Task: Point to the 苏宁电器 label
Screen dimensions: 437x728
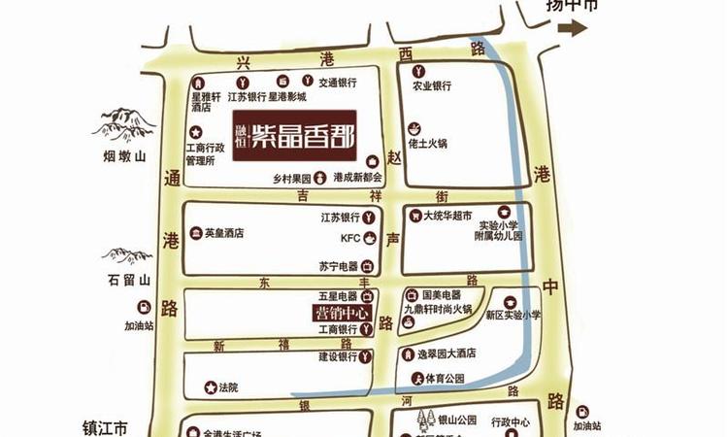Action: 338,265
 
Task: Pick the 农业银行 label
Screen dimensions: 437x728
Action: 432,85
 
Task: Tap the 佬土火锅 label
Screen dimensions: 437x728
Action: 427,144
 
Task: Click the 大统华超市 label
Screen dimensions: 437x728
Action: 447,215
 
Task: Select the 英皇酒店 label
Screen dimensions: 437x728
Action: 223,233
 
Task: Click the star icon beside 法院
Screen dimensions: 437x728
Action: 210,387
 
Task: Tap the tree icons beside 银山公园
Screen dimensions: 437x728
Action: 423,420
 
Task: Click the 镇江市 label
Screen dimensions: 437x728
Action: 105,426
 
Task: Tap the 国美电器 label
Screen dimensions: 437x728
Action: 442,294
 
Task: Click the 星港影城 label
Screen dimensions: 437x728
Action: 287,97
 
